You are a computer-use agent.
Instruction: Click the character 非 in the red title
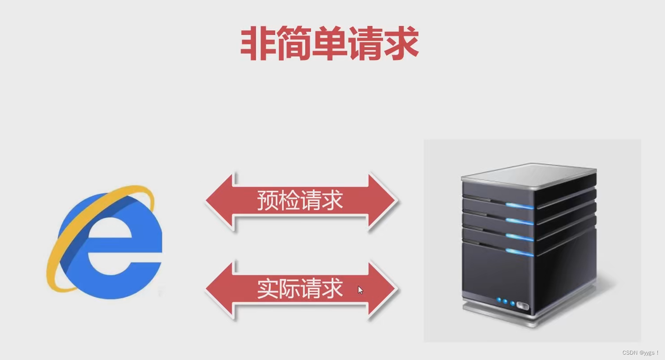258,43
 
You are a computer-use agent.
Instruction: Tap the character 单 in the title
329,43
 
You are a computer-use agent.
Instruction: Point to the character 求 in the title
401,43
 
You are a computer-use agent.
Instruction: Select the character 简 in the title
294,43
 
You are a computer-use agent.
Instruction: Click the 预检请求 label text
300,201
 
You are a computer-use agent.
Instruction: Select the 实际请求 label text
300,289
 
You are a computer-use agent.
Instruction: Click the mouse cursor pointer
360,290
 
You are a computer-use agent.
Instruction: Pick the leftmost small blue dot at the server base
498,300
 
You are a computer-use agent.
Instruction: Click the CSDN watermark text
640,353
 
